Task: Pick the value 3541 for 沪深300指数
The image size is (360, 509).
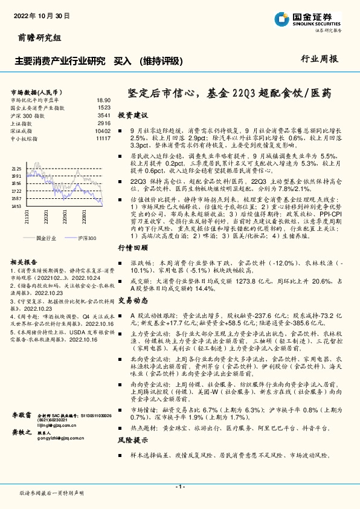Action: pos(103,115)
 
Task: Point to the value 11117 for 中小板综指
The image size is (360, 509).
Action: pos(103,138)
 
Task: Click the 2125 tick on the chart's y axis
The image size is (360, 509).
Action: pos(16,169)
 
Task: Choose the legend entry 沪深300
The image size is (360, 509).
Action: pos(86,239)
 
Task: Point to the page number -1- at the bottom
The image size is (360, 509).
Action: pos(179,486)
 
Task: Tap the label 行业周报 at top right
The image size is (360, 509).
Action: pos(320,59)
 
